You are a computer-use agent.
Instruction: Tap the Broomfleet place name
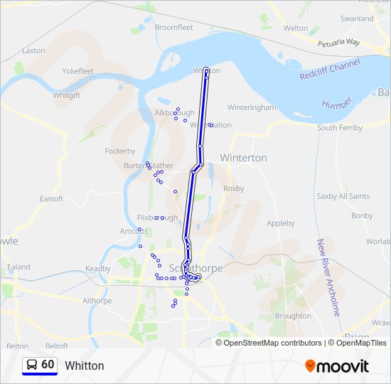coord(174,27)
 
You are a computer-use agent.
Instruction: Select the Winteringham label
coord(252,107)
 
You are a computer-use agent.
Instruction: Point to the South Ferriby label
coord(340,128)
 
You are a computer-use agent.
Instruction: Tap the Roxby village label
coord(233,188)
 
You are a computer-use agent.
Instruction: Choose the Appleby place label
coord(280,223)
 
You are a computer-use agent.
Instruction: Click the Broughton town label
coord(293,316)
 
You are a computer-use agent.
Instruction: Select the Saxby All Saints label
coord(343,196)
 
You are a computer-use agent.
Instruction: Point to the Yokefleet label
coord(77,71)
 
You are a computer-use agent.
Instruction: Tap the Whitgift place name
coord(67,95)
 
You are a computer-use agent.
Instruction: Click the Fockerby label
coord(119,151)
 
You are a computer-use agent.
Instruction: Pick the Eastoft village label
coord(51,198)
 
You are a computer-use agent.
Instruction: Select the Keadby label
coord(98,269)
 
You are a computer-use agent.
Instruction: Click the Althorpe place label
coord(97,301)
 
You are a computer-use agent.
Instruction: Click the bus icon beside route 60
coord(32,365)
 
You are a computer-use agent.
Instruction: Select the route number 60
coord(48,365)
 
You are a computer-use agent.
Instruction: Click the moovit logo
coord(337,366)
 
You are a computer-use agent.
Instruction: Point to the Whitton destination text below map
coord(85,366)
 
